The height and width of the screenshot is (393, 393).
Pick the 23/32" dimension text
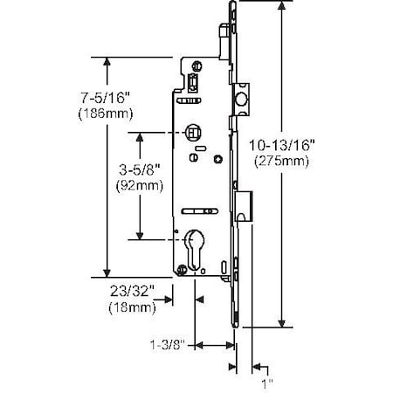coord(132,293)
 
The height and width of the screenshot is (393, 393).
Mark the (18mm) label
coord(132,307)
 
